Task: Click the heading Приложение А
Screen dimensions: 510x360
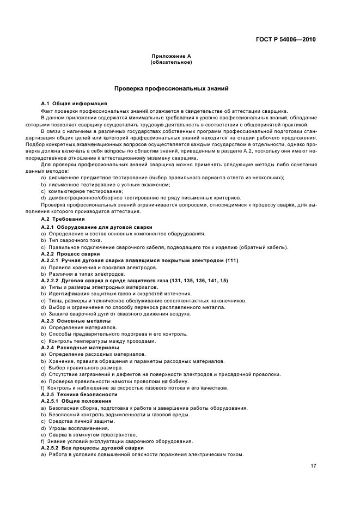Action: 170,57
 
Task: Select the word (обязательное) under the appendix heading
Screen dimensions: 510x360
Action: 170,62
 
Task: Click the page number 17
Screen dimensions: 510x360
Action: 313,466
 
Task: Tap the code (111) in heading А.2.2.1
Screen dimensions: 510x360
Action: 231,260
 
